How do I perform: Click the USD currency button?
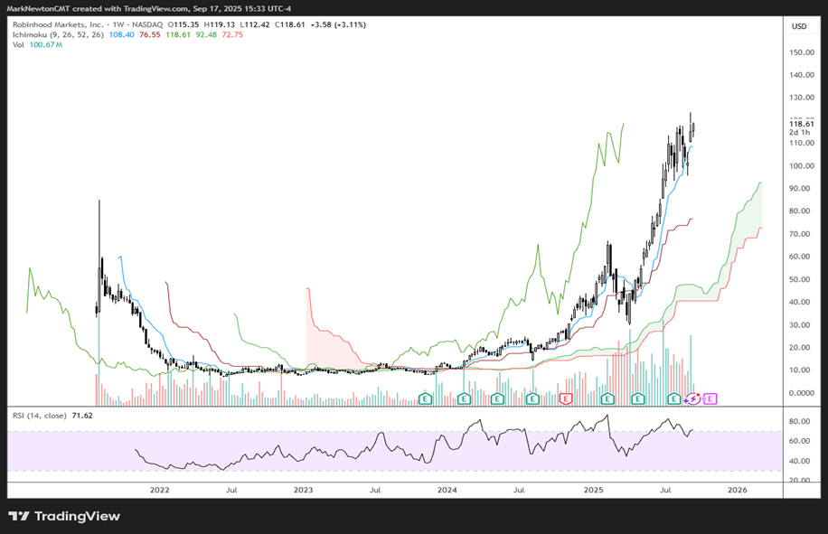[x=799, y=26]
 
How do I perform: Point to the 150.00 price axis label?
[x=799, y=52]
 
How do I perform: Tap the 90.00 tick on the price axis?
[x=797, y=189]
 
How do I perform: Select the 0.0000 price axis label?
[x=797, y=393]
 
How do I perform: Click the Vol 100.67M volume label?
[x=37, y=44]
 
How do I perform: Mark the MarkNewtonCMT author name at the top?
[x=42, y=8]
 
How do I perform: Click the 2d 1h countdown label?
[x=799, y=133]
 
